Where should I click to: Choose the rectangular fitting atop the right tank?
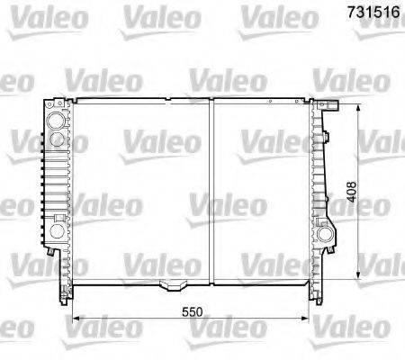pos(329,100)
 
